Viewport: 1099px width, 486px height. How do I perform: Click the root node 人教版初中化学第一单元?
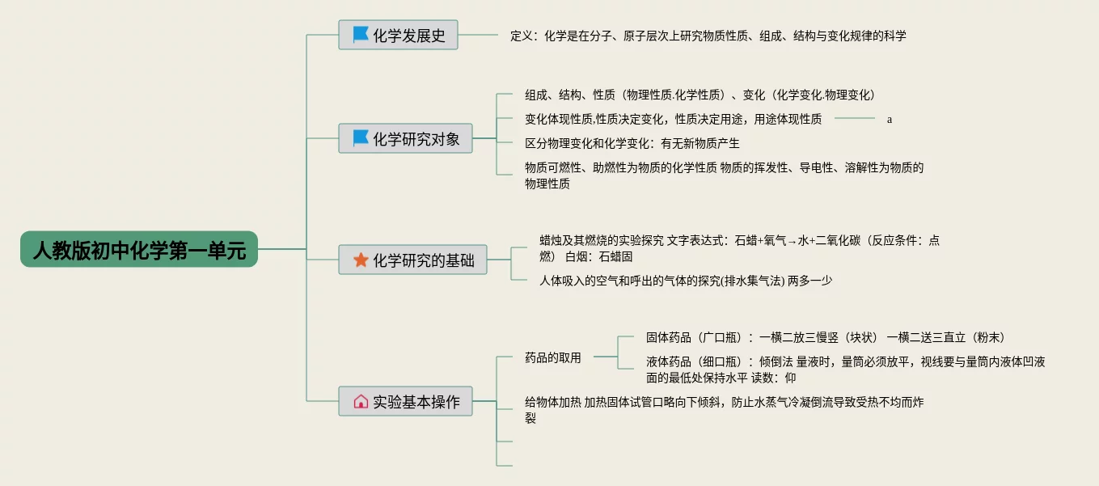[x=139, y=249]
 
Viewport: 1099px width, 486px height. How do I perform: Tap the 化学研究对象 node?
[x=416, y=139]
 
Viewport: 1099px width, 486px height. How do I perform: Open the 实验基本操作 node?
[x=416, y=401]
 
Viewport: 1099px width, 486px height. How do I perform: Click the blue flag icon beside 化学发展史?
[x=361, y=36]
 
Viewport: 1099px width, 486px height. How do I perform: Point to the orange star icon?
[x=361, y=260]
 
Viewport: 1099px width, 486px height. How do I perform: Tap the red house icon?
[x=361, y=401]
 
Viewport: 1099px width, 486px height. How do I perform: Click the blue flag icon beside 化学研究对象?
[x=361, y=139]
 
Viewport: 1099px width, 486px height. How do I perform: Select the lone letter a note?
[x=890, y=120]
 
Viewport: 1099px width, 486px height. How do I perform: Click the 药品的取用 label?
[x=553, y=357]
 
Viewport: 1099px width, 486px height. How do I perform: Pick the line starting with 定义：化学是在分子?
[x=708, y=36]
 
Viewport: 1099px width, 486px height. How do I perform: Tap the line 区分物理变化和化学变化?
[x=632, y=143]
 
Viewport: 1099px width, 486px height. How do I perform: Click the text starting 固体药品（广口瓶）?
[x=825, y=337]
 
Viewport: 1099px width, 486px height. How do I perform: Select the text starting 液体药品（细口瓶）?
[x=845, y=369]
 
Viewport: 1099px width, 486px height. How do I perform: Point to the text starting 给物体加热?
[x=724, y=409]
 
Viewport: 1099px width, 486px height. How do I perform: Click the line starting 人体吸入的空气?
[x=686, y=281]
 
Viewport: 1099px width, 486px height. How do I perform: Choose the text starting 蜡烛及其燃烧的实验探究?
[x=739, y=247]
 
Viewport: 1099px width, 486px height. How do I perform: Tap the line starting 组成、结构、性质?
[x=700, y=95]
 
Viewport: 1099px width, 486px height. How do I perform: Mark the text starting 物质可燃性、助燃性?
[x=724, y=175]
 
